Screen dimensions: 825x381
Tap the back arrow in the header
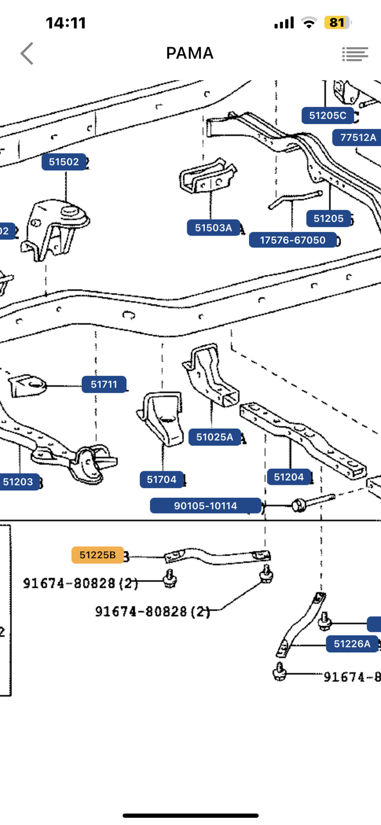27,54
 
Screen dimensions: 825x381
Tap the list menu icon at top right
355,54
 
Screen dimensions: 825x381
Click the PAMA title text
190,53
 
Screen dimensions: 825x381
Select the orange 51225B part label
97,555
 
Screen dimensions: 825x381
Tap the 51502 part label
64,162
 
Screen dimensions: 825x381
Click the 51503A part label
213,228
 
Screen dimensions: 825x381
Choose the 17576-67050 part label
293,240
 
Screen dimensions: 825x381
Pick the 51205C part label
327,116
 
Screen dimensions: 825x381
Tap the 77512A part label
357,137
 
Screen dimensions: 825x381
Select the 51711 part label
104,384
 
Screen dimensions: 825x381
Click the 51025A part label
215,437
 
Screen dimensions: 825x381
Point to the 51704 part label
161,480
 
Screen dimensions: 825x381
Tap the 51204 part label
288,477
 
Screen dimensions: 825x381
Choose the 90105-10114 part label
206,506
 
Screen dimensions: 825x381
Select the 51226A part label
352,644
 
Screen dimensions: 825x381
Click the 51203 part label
18,482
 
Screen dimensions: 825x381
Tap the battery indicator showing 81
337,22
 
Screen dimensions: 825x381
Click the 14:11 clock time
66,23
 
